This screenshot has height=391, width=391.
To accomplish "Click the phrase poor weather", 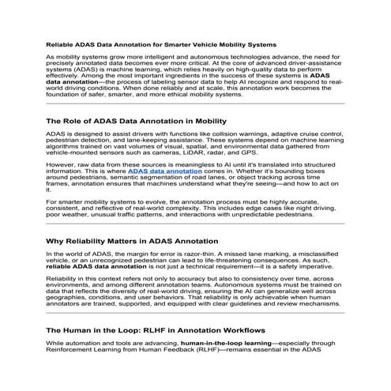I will coord(66,214).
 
